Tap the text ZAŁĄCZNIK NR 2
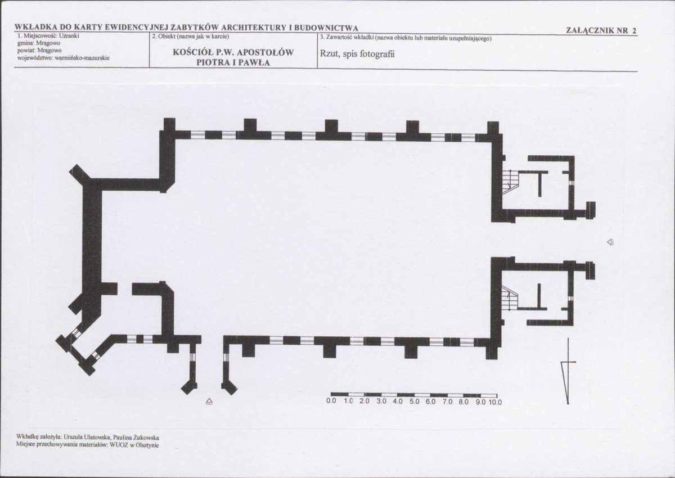pyautogui.click(x=601, y=30)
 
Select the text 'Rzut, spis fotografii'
pyautogui.click(x=357, y=54)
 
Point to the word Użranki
pyautogui.click(x=69, y=36)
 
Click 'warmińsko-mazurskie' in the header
pyautogui.click(x=82, y=57)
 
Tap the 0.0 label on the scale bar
pyautogui.click(x=331, y=402)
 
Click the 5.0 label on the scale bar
pyautogui.click(x=415, y=402)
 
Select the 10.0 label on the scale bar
pyautogui.click(x=495, y=402)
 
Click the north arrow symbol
pyautogui.click(x=568, y=371)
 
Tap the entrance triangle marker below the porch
pyautogui.click(x=209, y=401)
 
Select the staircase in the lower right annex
pyautogui.click(x=509, y=297)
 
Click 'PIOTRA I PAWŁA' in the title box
pyautogui.click(x=233, y=62)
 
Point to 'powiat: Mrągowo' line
pyautogui.click(x=39, y=50)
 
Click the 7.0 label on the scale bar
pyautogui.click(x=448, y=402)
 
